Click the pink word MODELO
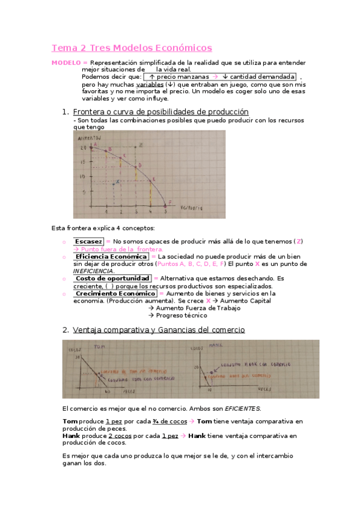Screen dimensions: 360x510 coord(66,63)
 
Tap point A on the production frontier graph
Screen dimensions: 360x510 coord(95,144)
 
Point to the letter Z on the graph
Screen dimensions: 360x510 coord(141,145)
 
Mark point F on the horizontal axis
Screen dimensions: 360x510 coord(170,202)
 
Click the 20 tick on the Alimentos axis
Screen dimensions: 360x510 coord(85,147)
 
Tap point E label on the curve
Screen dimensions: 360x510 coord(154,179)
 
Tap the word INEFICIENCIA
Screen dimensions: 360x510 coord(93,271)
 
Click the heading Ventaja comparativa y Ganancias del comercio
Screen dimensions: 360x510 coord(159,330)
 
